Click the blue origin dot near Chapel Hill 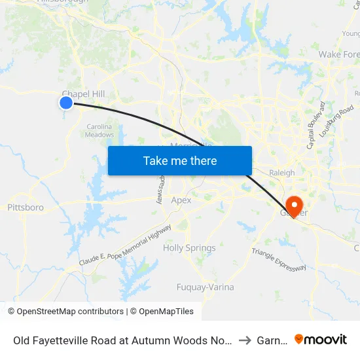66,103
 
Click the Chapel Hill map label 83,94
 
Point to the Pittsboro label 26,207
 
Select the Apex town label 181,200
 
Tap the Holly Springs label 189,248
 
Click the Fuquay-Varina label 205,287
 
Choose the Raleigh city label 282,173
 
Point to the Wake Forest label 339,54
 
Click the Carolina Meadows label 99,131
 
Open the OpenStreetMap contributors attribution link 70,312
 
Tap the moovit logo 321,340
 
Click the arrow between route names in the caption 243,340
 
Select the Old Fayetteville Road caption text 122,340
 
